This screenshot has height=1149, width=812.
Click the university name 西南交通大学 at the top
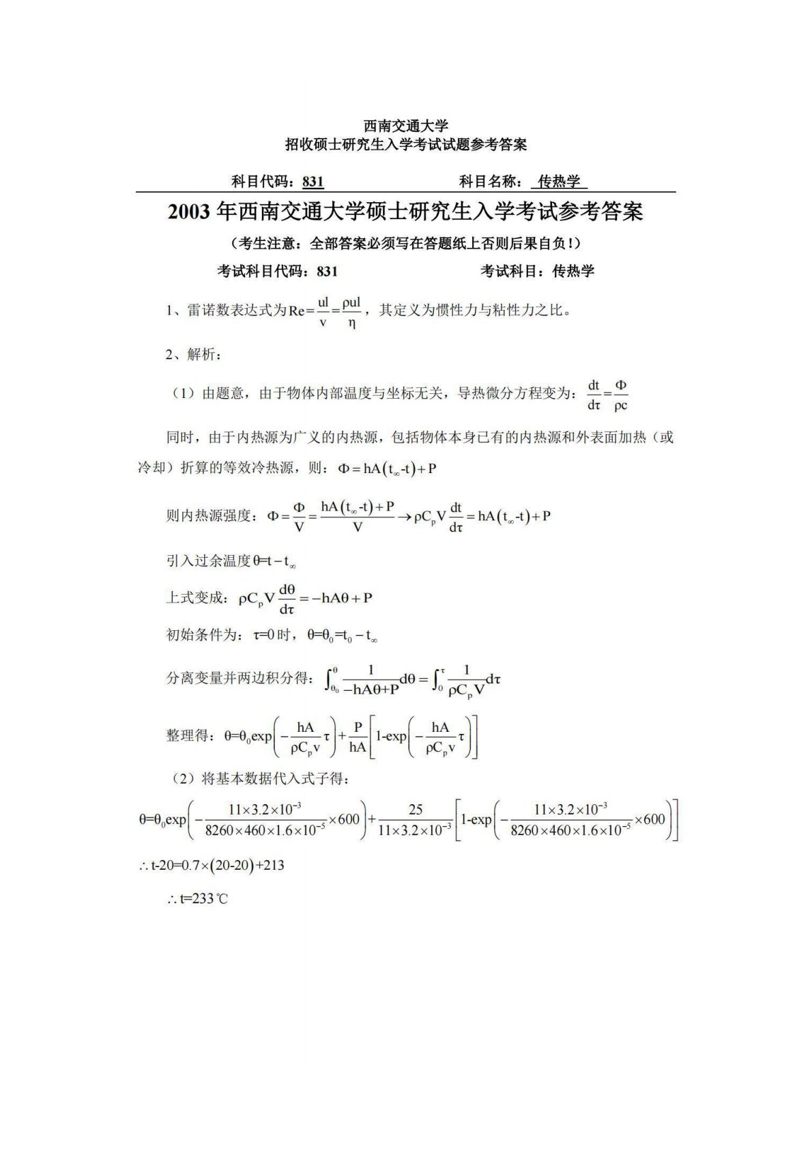(405, 126)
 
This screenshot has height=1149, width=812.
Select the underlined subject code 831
(313, 182)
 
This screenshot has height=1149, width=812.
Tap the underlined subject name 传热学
(559, 182)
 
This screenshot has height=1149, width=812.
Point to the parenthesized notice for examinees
(405, 244)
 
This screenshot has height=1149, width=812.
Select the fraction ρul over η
(351, 312)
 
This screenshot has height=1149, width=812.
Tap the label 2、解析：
(193, 354)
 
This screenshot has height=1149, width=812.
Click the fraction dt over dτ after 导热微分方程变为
(594, 395)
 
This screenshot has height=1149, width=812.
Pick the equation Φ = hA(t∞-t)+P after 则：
(387, 469)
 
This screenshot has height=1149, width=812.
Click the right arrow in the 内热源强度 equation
(404, 517)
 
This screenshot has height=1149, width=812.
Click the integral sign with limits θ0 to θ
(332, 680)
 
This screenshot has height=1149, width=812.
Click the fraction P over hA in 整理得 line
(358, 737)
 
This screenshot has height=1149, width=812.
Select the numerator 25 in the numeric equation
(415, 810)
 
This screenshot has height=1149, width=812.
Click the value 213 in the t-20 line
(273, 866)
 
